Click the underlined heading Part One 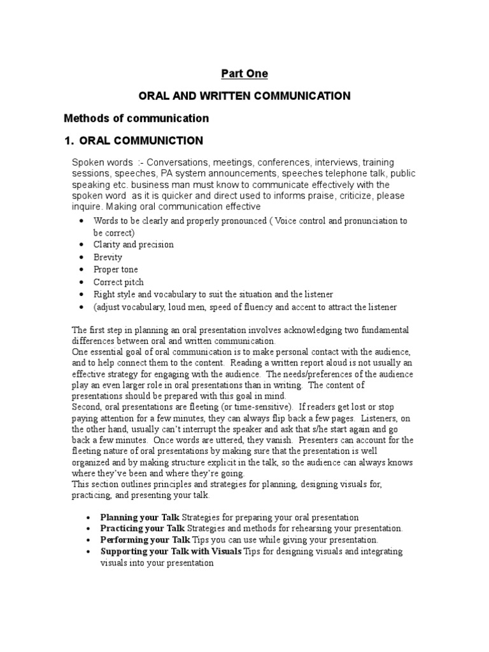[244, 74]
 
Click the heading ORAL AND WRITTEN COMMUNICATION [244, 96]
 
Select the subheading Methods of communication [136, 118]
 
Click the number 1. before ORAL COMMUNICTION [70, 141]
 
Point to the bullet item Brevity [108, 257]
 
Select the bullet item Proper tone [115, 269]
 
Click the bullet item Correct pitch [118, 282]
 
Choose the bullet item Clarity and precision [133, 244]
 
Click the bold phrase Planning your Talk [140, 517]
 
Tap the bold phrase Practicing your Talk [142, 528]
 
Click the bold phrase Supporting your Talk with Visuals [171, 551]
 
